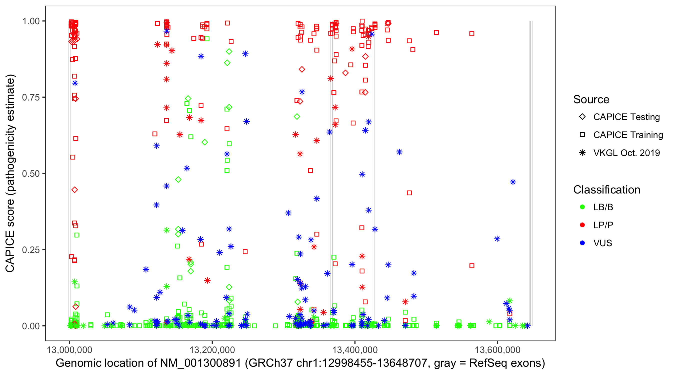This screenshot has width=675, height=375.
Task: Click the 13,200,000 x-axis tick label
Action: pos(212,350)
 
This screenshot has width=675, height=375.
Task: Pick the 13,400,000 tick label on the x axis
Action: pos(355,350)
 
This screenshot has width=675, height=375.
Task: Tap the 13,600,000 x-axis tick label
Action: pos(497,350)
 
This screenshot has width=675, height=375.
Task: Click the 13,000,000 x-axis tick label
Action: pos(69,350)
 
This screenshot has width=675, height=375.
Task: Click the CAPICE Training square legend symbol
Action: pos(582,135)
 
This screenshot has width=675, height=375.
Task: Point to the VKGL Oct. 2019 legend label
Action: pos(626,153)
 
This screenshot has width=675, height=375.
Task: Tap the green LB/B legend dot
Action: pos(582,207)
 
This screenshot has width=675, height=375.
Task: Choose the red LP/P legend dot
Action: pos(582,225)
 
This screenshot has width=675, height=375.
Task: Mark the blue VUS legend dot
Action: pos(582,243)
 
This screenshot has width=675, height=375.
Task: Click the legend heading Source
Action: pos(591,99)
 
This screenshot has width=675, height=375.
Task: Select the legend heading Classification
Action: pos(606,190)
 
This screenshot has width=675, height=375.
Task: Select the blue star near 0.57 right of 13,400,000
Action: pos(399,152)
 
